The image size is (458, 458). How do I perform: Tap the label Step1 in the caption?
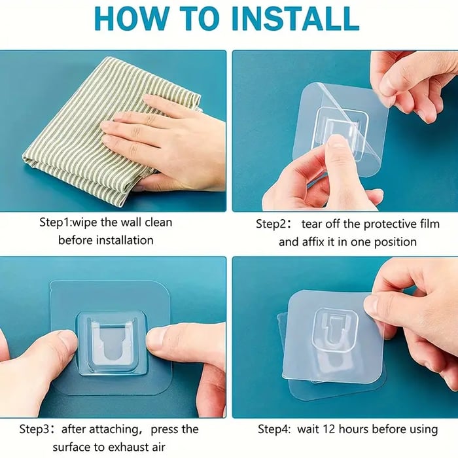pos(59,222)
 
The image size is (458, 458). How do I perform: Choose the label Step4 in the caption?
pos(276,429)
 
